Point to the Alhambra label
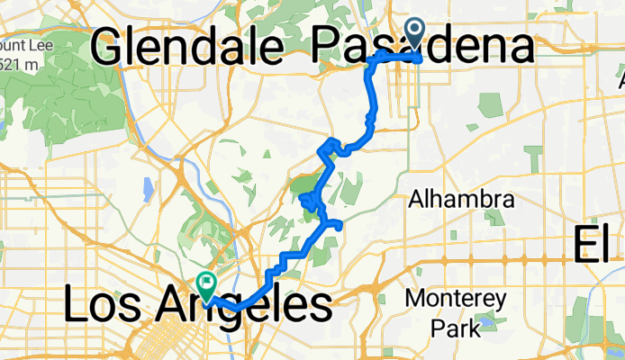[462, 200]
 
